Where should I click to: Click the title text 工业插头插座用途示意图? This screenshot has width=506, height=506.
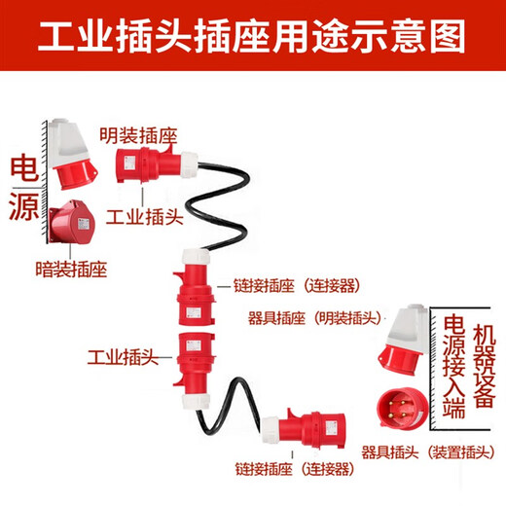(253, 36)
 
